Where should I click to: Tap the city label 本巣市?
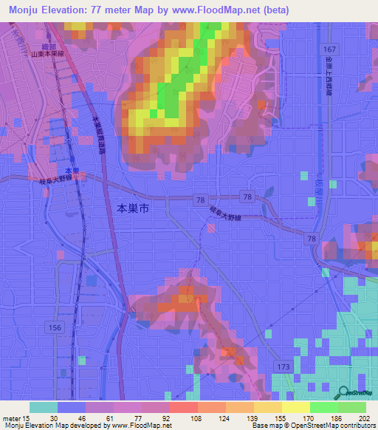point(134,209)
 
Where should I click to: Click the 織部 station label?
point(49,47)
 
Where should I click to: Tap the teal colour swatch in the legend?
point(44,407)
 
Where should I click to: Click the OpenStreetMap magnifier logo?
point(345,392)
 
